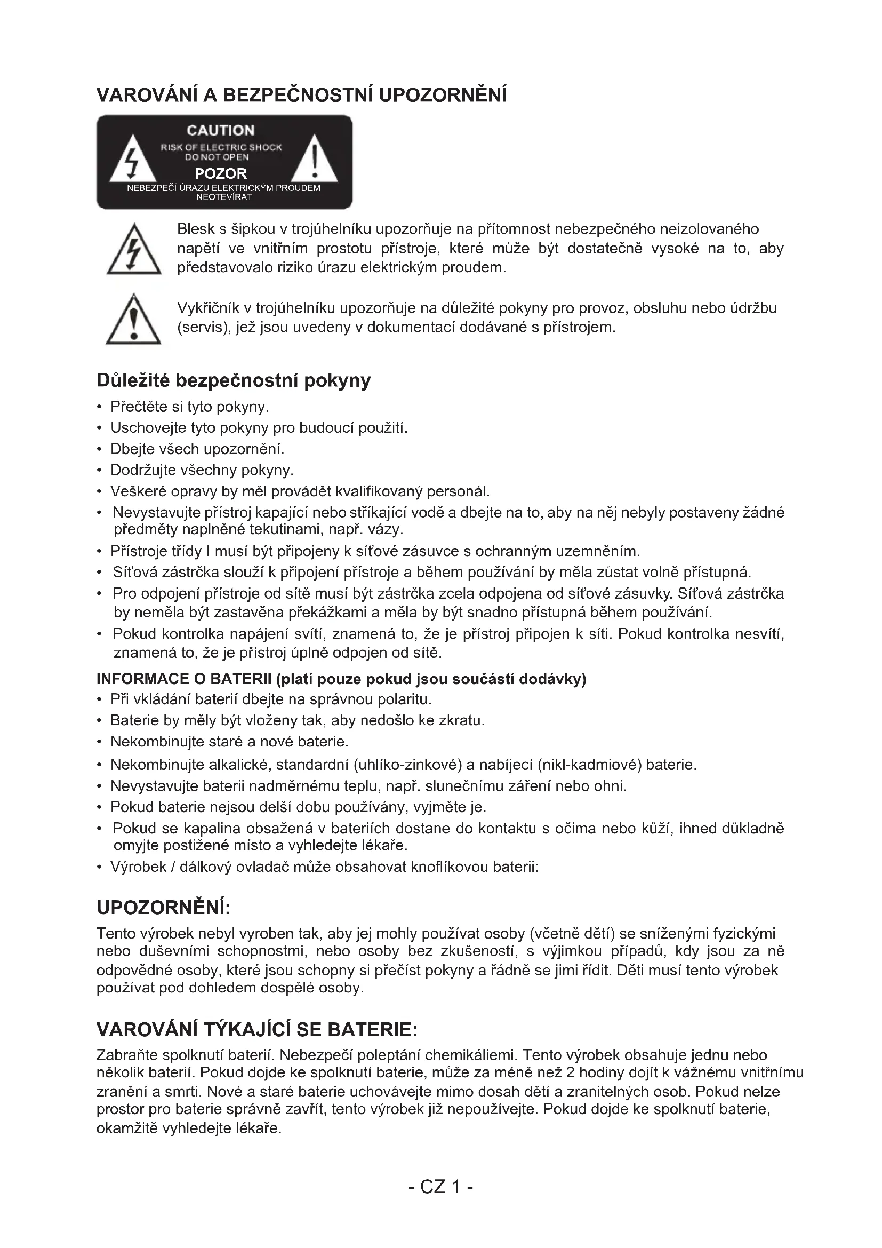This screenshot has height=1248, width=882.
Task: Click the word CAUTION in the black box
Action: (221, 130)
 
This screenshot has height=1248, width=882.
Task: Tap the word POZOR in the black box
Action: (221, 174)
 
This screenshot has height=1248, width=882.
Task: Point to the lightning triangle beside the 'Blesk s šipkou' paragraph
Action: (134, 252)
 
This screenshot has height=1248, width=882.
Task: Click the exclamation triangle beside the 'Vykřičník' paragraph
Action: (134, 321)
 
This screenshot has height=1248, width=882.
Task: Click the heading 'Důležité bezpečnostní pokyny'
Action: (234, 380)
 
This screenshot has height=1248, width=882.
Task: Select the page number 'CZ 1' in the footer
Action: (440, 1187)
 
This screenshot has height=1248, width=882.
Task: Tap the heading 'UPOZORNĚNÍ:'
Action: (164, 908)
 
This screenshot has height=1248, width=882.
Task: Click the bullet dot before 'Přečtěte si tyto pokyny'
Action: (99, 407)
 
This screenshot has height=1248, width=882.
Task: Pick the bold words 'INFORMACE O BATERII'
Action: (183, 679)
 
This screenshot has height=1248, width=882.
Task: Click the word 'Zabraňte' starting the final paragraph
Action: (126, 1055)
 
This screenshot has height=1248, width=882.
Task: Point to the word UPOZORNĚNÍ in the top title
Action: (442, 95)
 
